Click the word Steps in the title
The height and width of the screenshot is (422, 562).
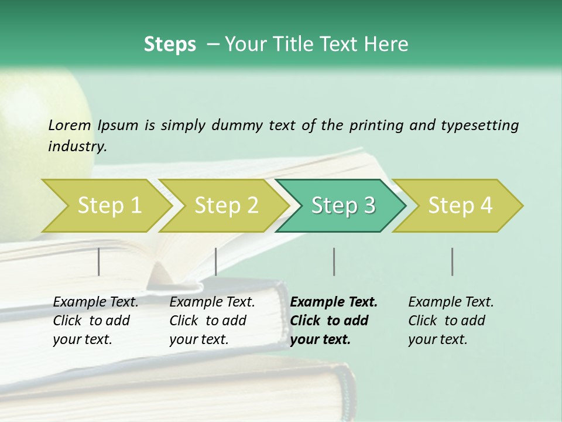(x=170, y=44)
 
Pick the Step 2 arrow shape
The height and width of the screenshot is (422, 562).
(x=222, y=205)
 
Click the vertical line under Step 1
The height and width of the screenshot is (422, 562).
(x=99, y=261)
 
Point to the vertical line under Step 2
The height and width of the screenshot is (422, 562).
(x=216, y=261)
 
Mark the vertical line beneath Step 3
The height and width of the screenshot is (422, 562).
(x=334, y=261)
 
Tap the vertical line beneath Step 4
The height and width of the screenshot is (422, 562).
(x=453, y=261)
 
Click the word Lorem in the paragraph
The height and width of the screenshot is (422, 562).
(x=69, y=125)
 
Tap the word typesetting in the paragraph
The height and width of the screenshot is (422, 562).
(x=479, y=125)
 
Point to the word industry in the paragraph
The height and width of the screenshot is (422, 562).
(x=77, y=146)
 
